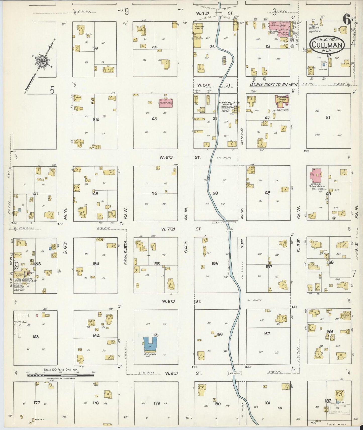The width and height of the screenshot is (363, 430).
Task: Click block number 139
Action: (x=95, y=48)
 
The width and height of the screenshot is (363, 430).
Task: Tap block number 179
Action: (x=157, y=403)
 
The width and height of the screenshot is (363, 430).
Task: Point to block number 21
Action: (x=328, y=117)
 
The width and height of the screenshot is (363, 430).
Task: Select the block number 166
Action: (x=220, y=334)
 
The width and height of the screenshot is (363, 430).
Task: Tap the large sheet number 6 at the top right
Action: (x=347, y=20)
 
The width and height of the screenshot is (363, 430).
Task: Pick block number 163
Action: (x=36, y=336)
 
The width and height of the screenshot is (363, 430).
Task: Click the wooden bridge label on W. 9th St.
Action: (x=235, y=373)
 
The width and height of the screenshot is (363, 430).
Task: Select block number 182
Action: (x=328, y=401)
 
